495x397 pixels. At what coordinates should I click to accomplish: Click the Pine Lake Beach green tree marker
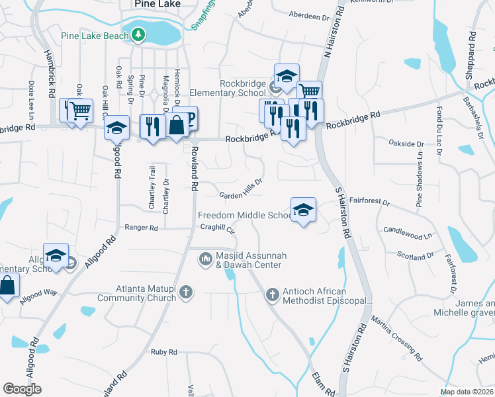[138, 34]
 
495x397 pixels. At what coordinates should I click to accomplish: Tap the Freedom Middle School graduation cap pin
[303, 210]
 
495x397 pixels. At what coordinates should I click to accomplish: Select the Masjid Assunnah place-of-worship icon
[205, 259]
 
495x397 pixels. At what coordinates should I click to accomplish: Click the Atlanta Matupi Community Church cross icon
[187, 292]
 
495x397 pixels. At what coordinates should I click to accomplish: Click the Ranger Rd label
[142, 228]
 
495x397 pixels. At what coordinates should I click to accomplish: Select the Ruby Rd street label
[163, 353]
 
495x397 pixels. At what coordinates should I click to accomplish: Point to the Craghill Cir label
[218, 228]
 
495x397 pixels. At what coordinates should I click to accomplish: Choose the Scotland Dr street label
[414, 255]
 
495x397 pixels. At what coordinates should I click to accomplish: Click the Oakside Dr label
[405, 144]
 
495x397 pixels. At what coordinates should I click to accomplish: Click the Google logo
[22, 389]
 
